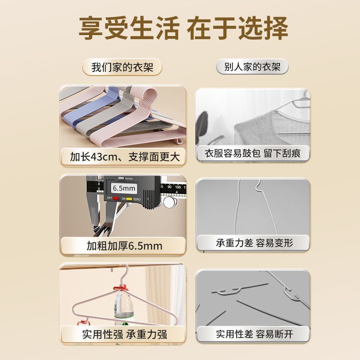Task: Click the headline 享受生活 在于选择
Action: [183, 28]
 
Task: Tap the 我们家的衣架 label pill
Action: [122, 67]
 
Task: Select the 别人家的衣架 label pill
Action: [252, 67]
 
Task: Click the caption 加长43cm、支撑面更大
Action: [125, 157]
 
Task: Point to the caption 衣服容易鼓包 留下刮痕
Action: [252, 153]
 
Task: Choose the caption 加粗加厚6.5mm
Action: [125, 246]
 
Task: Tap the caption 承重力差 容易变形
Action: [254, 243]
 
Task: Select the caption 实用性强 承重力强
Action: [125, 334]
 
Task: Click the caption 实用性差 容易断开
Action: [254, 334]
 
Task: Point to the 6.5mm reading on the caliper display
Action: [124, 189]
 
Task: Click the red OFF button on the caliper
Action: [116, 198]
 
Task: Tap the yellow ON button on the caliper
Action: [129, 199]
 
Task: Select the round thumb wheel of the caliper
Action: [170, 202]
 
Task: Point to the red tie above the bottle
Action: [120, 288]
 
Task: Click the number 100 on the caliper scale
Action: [178, 187]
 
